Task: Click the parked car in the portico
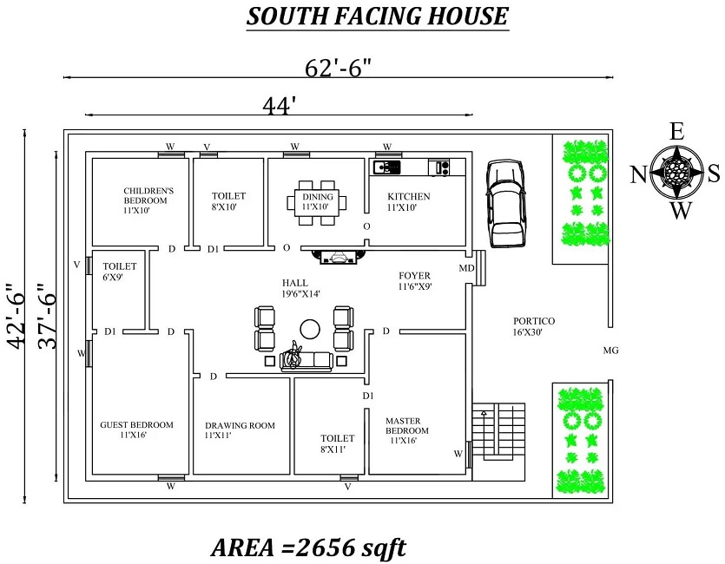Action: pos(504,202)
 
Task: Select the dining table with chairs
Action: pos(316,202)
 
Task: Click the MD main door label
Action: pos(466,268)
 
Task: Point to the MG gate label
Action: pos(610,351)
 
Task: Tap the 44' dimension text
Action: pos(280,104)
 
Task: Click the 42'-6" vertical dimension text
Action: pos(14,315)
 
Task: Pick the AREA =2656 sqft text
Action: pos(308,548)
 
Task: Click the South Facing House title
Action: pos(378,16)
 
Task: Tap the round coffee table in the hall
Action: pos(309,328)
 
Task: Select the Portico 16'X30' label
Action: pos(534,326)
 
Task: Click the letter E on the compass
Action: pos(677,132)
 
